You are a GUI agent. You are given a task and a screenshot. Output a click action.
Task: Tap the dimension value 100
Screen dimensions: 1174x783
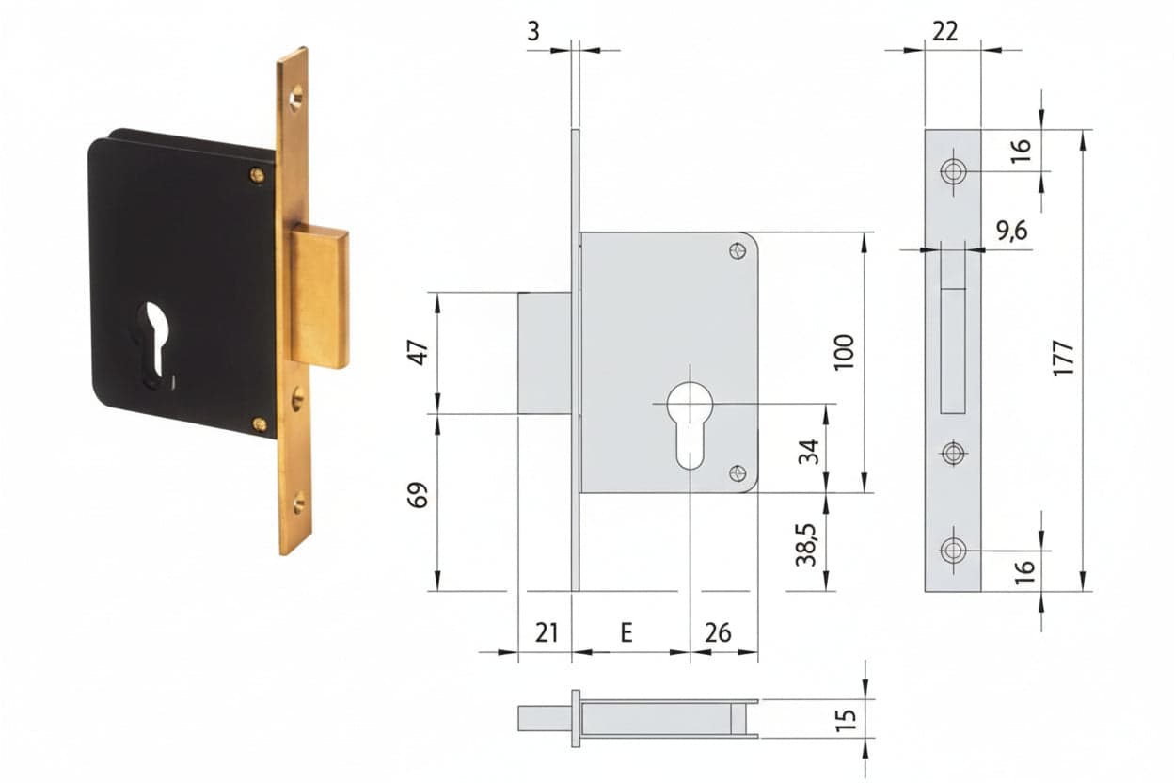tap(844, 352)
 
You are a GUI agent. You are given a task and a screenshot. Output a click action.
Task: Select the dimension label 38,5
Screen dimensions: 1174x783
tap(806, 545)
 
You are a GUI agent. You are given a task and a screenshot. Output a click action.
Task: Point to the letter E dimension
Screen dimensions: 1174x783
tap(627, 632)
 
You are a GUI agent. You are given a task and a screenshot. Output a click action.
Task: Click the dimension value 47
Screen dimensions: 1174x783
tap(419, 352)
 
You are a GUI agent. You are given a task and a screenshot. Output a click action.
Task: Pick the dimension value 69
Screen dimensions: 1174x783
tap(418, 495)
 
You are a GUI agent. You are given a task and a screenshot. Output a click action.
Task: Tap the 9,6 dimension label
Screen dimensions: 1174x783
tap(1012, 231)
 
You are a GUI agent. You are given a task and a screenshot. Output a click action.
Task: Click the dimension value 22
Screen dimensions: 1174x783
tap(945, 31)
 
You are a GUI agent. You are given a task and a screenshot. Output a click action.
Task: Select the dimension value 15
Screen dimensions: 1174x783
tap(846, 719)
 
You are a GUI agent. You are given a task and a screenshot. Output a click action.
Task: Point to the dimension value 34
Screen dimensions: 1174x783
tap(808, 452)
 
